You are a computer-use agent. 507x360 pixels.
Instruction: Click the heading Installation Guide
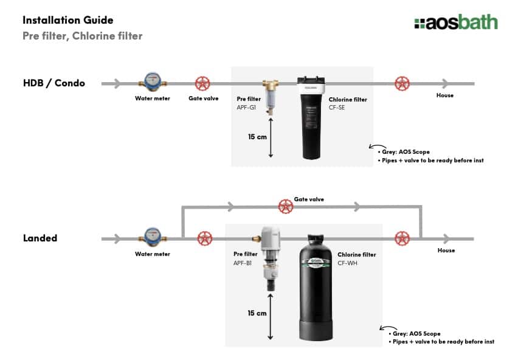[67, 20]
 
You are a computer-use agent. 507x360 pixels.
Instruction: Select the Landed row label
[40, 238]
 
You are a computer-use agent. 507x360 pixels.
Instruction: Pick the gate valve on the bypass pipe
[286, 207]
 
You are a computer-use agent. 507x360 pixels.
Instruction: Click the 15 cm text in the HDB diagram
[257, 137]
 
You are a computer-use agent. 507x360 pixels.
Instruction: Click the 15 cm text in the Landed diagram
[257, 313]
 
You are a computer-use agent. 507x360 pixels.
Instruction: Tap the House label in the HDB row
[445, 95]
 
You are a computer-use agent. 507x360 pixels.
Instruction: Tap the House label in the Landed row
[446, 251]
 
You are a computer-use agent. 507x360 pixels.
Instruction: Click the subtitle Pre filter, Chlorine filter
[82, 36]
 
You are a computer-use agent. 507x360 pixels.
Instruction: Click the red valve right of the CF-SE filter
[401, 83]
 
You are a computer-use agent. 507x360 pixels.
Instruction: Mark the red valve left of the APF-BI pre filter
[205, 238]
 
